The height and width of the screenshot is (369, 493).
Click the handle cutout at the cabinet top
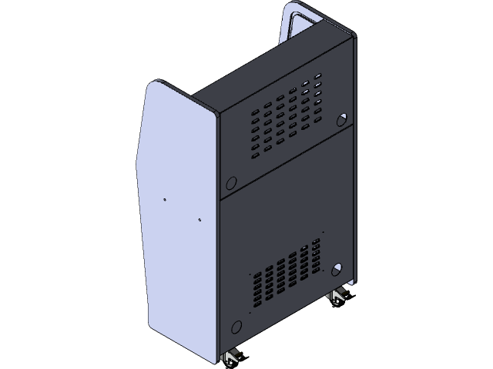pyautogui.click(x=297, y=19)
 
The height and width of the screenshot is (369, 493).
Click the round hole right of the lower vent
pyautogui.click(x=337, y=269)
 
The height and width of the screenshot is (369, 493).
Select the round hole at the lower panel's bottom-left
pyautogui.click(x=236, y=325)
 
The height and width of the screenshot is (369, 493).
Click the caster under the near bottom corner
pyautogui.click(x=232, y=356)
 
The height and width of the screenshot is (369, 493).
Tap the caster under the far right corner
pyautogui.click(x=337, y=298)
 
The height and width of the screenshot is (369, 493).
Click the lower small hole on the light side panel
pyautogui.click(x=200, y=221)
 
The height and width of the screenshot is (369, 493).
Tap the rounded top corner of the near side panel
pyautogui.click(x=158, y=84)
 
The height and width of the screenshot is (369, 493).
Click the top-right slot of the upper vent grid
pyautogui.click(x=317, y=78)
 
